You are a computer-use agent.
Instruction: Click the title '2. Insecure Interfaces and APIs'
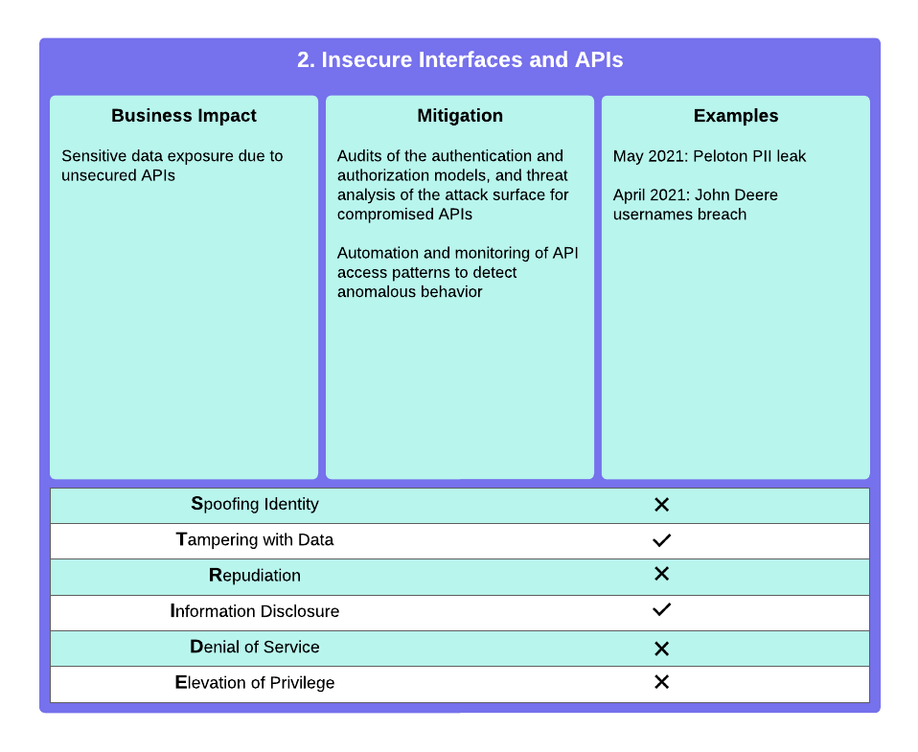(460, 59)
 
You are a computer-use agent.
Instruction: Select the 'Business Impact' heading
(184, 116)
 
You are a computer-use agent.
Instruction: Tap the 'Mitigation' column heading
(460, 116)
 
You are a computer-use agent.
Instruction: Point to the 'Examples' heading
(736, 116)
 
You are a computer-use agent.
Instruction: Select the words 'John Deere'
(736, 194)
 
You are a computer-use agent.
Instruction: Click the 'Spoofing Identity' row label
(255, 504)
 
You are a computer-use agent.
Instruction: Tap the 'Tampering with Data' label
(255, 539)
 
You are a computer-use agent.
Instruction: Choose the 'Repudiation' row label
(255, 576)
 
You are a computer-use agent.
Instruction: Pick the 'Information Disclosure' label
(255, 611)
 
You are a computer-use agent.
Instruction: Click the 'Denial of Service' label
(255, 647)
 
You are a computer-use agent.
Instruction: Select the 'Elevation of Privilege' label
(255, 682)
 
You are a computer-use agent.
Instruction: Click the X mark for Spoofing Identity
(661, 505)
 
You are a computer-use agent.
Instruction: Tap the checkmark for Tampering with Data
(661, 540)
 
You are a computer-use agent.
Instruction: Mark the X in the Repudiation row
(661, 574)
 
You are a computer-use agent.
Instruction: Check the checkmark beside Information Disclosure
(661, 609)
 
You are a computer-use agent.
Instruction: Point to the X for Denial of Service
(661, 649)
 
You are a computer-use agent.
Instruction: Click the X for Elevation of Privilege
(661, 682)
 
